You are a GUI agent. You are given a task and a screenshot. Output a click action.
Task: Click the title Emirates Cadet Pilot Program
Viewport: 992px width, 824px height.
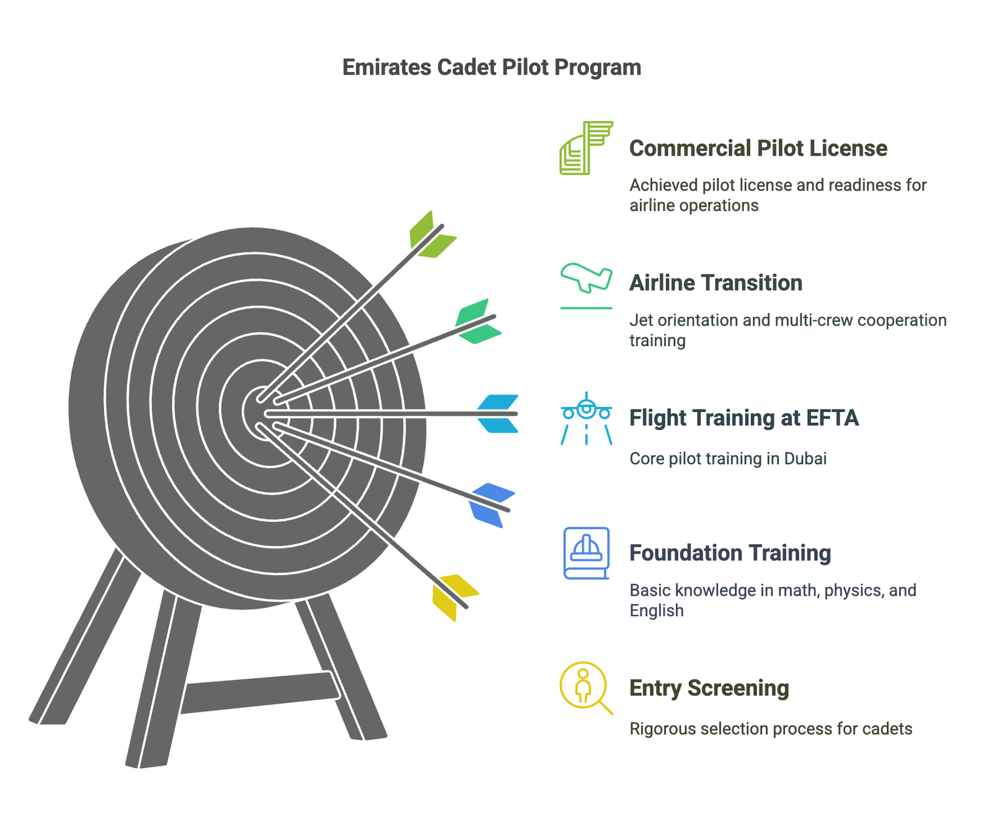[491, 67]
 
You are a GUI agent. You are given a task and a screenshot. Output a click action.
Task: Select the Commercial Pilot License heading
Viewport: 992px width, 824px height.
[758, 148]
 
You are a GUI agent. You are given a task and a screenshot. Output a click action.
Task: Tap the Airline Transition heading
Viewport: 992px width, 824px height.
[715, 283]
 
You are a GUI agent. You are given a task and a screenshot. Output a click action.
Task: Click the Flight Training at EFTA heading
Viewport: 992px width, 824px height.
[743, 418]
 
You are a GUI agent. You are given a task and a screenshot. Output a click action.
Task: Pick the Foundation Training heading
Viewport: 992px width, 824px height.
[730, 553]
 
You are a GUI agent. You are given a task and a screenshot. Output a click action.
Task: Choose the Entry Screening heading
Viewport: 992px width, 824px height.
[709, 688]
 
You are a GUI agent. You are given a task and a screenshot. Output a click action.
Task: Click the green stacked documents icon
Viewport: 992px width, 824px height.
[585, 148]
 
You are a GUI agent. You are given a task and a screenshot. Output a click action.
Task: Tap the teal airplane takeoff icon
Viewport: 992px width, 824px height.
[586, 279]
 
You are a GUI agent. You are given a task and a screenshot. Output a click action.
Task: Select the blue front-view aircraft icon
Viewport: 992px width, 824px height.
[586, 418]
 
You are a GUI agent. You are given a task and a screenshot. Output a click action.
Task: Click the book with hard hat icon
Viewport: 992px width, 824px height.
[586, 553]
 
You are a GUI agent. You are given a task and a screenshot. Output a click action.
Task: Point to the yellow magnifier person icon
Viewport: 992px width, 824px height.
[585, 687]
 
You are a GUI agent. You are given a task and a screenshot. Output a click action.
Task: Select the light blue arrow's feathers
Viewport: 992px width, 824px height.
[497, 413]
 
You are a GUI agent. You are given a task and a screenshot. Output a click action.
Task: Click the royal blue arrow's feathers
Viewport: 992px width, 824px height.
[491, 504]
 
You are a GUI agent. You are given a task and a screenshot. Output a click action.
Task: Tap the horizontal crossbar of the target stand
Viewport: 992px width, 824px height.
[260, 692]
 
